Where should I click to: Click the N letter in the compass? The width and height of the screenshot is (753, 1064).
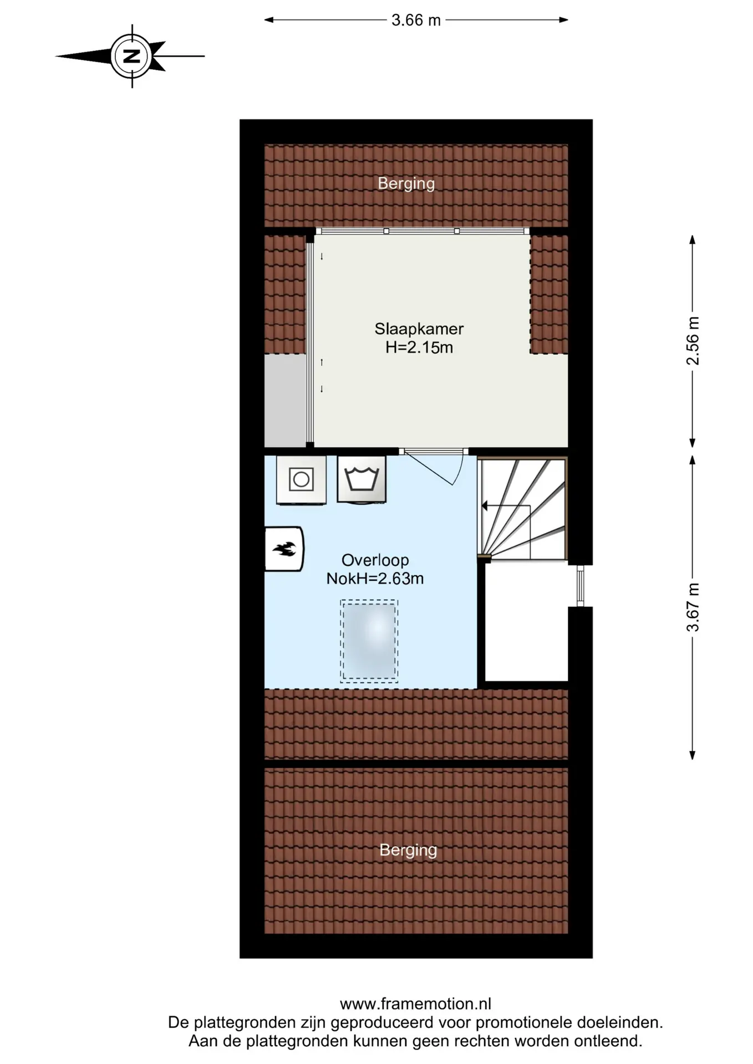[131, 56]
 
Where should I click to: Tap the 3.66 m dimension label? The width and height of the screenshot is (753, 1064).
[416, 21]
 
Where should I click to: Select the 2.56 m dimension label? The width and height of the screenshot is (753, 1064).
[693, 341]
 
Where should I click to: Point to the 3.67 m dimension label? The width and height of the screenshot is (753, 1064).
[693, 607]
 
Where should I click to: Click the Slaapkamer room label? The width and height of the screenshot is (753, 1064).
[419, 329]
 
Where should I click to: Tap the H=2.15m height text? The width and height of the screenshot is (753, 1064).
[419, 347]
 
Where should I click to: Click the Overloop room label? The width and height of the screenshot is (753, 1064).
[375, 560]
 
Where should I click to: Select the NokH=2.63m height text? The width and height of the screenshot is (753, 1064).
[375, 579]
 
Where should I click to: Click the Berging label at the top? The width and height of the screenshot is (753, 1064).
[406, 183]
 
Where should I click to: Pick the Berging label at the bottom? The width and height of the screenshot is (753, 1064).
[409, 850]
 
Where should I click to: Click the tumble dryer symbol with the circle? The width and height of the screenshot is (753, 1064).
[301, 480]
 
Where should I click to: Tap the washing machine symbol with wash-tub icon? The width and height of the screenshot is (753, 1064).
[362, 479]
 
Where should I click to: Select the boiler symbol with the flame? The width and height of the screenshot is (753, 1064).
[284, 549]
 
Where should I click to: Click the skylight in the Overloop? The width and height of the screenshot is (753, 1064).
[369, 641]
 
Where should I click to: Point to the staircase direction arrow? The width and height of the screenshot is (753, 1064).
[506, 506]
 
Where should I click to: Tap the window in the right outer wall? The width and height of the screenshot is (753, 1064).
[580, 586]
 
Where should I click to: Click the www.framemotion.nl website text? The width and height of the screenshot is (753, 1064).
[415, 1004]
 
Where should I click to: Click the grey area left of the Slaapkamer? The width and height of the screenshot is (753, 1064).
[286, 400]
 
